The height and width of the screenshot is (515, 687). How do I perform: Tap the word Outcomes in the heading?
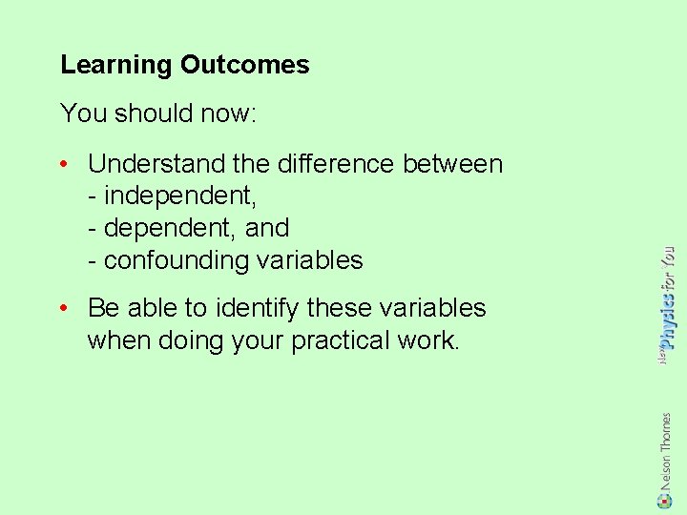245,65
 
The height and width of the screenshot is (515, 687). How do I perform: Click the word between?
453,164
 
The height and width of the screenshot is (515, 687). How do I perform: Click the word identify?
263,308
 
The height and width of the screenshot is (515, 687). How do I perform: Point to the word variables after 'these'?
432,308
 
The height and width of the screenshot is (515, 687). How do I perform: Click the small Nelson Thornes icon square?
666,499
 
